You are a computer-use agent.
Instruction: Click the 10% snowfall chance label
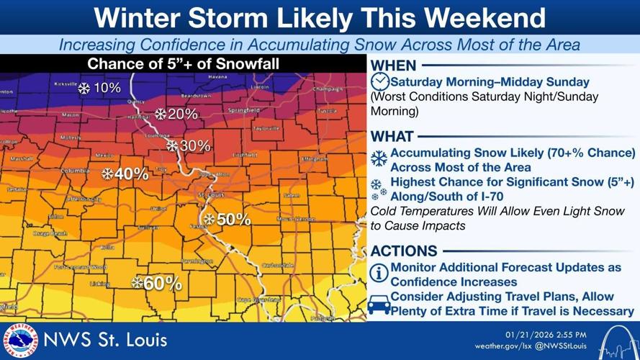[x=99, y=89]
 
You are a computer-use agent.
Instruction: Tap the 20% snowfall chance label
[x=176, y=114]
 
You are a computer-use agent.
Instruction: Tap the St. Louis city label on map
[x=212, y=194]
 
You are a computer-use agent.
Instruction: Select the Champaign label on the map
[x=328, y=89]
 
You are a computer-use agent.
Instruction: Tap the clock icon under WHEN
[x=380, y=81]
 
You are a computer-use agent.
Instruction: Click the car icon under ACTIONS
[x=379, y=305]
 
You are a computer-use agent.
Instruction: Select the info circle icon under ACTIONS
[x=379, y=273]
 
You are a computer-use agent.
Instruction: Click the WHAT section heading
[x=392, y=136]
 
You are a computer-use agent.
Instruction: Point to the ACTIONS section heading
[x=404, y=251]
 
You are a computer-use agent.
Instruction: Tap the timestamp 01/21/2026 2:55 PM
[x=545, y=334]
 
